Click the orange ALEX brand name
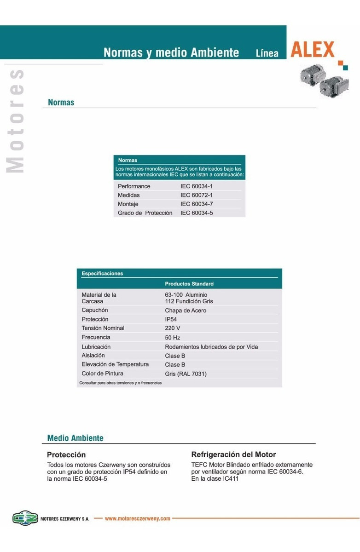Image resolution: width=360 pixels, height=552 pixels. pos(313,49)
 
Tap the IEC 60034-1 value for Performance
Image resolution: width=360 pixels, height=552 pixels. pos(196,186)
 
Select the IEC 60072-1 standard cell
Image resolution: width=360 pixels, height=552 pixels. pos(196,195)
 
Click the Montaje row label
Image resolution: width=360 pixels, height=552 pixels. pos(128,204)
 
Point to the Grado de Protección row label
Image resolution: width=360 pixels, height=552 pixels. pos(145,213)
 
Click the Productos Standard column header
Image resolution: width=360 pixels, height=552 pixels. pos(189,284)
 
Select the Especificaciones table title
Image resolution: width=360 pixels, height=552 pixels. pos(102,274)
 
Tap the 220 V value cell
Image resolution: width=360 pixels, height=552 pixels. pos(173,328)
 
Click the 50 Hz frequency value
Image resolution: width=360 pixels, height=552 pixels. pos(172,338)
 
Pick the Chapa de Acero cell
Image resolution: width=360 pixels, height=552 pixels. pos(186,310)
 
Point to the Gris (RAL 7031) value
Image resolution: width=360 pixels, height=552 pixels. pos(186,374)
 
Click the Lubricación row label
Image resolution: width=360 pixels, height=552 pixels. pos(96,347)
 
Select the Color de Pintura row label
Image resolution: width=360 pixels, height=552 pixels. pos(102,374)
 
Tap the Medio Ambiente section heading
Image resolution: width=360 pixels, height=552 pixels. pos(75,438)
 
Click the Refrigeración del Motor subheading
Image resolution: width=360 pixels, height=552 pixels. pos(233,455)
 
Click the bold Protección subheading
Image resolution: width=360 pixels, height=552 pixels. pos(66,455)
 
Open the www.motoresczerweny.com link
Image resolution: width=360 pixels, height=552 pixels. pos(138,518)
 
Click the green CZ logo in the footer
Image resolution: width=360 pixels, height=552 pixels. pos(25,518)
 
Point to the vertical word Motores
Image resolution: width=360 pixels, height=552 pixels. pos(15,121)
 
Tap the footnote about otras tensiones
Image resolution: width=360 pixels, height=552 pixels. pos(120,383)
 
